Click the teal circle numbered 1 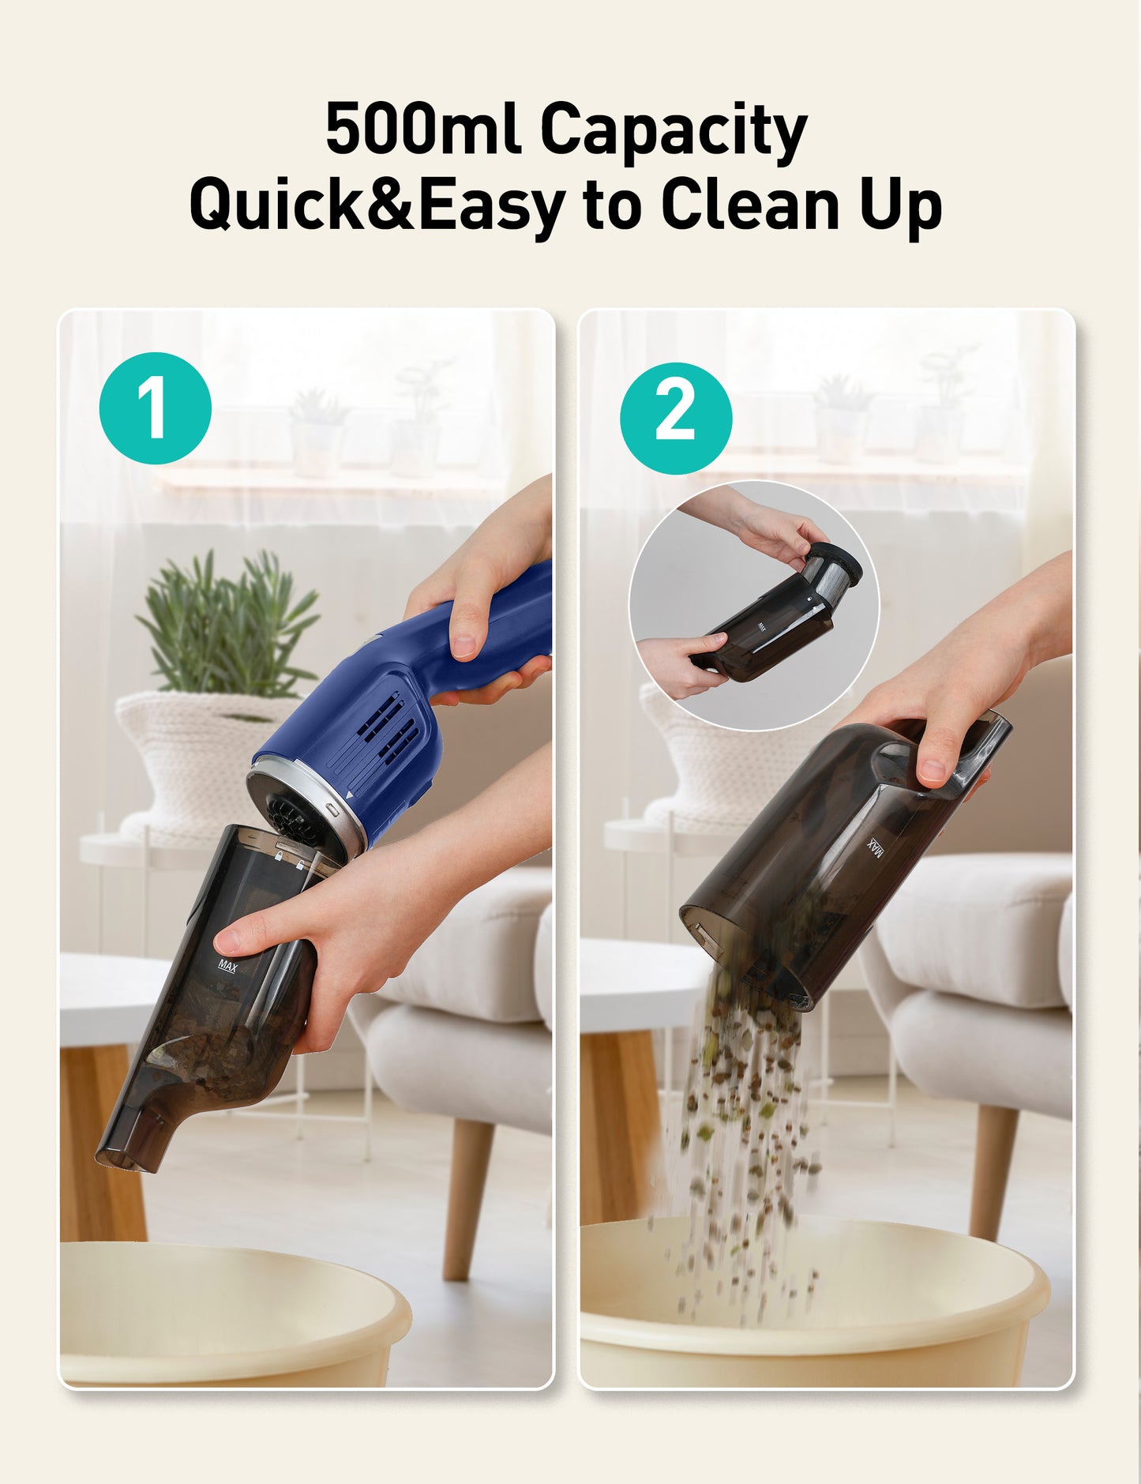coord(156,408)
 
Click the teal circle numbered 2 coord(675,419)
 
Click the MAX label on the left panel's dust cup coord(227,965)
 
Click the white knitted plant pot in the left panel coord(197,750)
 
